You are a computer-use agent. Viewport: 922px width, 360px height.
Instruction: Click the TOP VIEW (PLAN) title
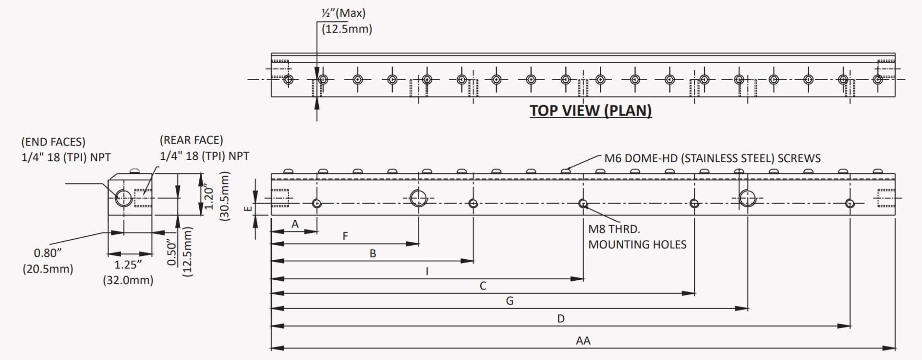click(x=591, y=110)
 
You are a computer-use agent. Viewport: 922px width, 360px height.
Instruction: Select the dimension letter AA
click(x=583, y=341)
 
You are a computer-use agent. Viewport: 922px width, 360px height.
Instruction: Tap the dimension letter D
click(x=561, y=319)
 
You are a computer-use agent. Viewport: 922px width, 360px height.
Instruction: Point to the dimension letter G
click(x=510, y=301)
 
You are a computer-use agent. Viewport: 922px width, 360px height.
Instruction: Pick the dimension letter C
click(x=483, y=286)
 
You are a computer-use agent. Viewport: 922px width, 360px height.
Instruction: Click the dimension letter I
click(x=427, y=271)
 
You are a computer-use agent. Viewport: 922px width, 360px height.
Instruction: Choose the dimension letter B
click(x=373, y=254)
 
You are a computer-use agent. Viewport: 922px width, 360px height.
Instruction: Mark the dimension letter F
click(x=345, y=236)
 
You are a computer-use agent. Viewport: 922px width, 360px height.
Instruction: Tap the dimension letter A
click(x=295, y=224)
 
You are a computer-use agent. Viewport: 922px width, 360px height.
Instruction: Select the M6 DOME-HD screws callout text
click(x=712, y=158)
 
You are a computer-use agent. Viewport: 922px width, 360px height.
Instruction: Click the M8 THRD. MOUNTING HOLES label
click(x=637, y=237)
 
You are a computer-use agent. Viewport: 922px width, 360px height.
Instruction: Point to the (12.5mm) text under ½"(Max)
click(x=347, y=29)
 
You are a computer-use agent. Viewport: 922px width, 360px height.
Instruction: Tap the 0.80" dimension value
click(x=48, y=253)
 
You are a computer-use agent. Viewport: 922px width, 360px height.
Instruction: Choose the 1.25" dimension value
click(x=128, y=264)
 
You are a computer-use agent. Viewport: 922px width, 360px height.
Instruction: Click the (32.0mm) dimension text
click(x=128, y=280)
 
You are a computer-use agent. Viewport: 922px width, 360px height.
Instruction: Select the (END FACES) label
click(x=53, y=142)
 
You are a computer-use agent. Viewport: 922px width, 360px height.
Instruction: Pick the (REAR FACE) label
click(x=191, y=140)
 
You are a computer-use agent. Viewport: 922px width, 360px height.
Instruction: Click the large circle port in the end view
click(x=123, y=197)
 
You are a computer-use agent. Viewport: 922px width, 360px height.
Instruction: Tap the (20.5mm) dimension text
click(x=48, y=269)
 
